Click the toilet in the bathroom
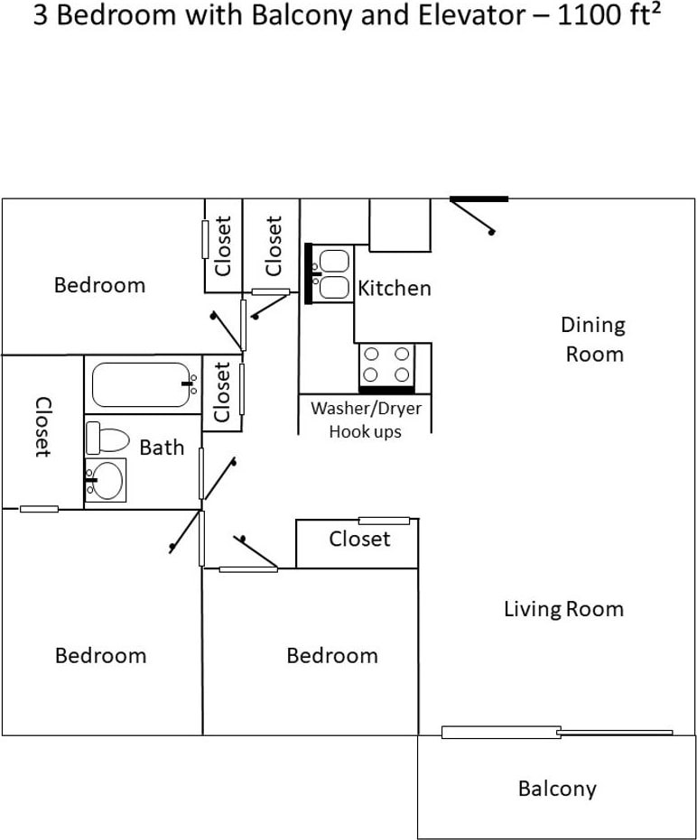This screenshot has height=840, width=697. (107, 438)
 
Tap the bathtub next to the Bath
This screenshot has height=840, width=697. (142, 384)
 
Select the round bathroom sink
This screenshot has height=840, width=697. (106, 480)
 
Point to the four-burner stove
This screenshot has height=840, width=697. (386, 368)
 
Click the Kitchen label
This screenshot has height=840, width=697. (394, 288)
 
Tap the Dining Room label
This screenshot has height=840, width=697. (593, 339)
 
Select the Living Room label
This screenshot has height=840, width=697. (563, 609)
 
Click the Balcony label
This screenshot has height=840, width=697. (557, 789)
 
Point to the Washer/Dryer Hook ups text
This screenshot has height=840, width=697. (366, 420)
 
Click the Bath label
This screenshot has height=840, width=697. (162, 447)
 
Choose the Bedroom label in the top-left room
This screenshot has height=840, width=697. (99, 284)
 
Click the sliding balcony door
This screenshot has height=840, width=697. (557, 732)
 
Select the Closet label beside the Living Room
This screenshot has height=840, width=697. (359, 539)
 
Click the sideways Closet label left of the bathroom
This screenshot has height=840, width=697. (43, 427)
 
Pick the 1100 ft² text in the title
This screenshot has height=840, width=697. (609, 15)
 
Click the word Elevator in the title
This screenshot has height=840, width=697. (472, 15)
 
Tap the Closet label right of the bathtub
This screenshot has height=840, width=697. (222, 392)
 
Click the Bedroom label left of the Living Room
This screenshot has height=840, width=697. (332, 655)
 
